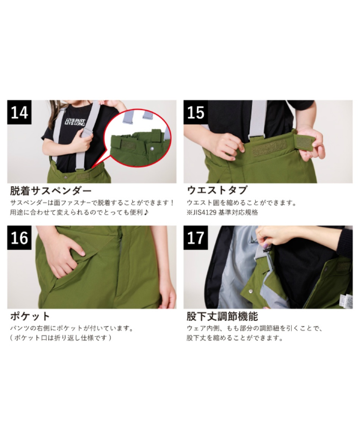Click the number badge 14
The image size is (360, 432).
19,112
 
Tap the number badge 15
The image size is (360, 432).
196,112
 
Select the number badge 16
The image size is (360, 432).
19,238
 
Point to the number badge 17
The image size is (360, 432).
196,238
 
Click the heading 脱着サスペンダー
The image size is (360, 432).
51,190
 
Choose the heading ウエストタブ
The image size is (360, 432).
217,190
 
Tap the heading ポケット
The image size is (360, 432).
30,316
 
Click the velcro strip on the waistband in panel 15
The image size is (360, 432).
269,146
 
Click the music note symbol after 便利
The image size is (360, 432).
146,213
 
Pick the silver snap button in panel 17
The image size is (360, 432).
250,291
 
